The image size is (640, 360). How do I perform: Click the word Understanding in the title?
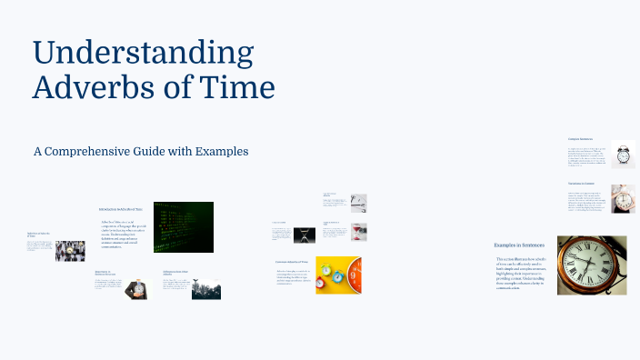point(143,54)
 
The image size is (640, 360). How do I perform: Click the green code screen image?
point(183,226)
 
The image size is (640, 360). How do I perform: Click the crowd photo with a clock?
point(69,251)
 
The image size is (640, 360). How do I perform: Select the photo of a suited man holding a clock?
point(136,288)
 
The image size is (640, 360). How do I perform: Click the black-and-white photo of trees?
point(206,288)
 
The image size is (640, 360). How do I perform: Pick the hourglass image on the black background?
point(303,234)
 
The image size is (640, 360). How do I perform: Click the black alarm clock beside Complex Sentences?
point(623,155)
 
